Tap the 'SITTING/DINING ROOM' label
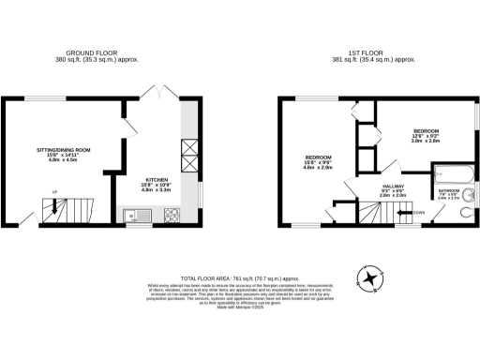coord(63,149)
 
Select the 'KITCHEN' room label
coord(157,178)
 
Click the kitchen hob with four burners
coord(172,217)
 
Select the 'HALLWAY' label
coord(393,186)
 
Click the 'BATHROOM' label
coord(447,190)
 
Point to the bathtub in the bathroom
coord(452,173)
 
